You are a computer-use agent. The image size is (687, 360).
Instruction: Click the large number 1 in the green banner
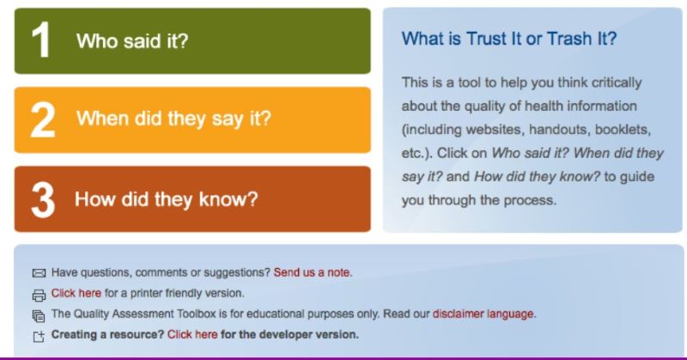coord(40,40)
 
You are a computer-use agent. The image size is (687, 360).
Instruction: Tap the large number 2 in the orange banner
coord(43,119)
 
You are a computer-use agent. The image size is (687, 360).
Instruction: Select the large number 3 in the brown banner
coord(43,199)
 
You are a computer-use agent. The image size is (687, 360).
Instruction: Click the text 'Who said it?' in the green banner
coord(132,40)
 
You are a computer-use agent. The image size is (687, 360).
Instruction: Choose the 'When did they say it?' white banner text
coord(173,119)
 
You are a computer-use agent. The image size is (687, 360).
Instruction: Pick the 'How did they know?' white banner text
coord(166,199)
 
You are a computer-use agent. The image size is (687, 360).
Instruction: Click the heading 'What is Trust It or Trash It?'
coord(509,39)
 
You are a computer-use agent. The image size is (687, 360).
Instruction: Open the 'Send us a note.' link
coord(313,272)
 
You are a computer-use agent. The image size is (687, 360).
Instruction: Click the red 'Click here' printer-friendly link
coord(76,293)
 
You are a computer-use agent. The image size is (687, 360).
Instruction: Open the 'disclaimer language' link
coord(484,314)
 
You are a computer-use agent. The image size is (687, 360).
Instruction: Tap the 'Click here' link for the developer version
coord(192,334)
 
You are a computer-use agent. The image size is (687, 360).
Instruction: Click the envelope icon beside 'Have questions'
coord(39,273)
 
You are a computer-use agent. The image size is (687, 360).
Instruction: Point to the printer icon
coord(39,296)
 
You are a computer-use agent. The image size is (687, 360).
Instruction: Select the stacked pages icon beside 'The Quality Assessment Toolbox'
coord(39,315)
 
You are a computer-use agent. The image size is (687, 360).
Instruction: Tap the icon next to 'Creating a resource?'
coord(39,336)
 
